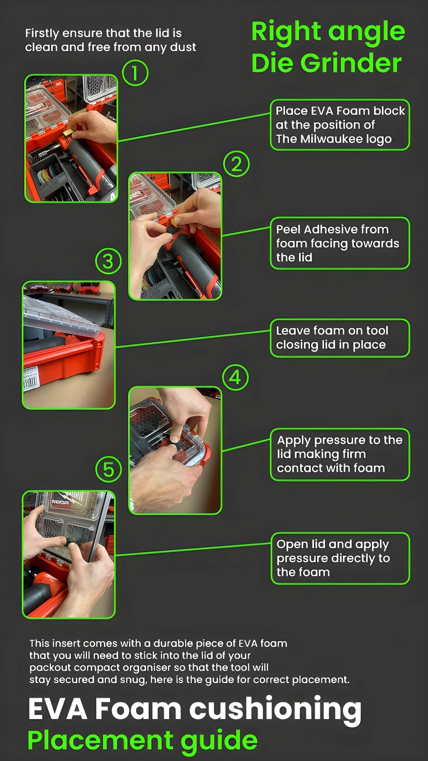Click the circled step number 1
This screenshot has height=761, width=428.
point(135,73)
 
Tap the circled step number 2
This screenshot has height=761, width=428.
point(236,164)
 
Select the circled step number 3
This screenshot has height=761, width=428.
point(108,261)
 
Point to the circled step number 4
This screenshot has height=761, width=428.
point(235,378)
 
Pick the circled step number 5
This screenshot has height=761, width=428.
point(108,469)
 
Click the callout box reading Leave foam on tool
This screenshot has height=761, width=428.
point(340,338)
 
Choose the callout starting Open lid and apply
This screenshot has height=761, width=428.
point(340,558)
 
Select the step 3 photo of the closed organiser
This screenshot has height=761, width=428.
point(68,345)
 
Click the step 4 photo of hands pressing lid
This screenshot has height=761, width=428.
point(175,450)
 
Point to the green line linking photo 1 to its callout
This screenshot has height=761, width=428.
point(194,127)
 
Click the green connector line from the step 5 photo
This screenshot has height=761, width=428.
point(193,549)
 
